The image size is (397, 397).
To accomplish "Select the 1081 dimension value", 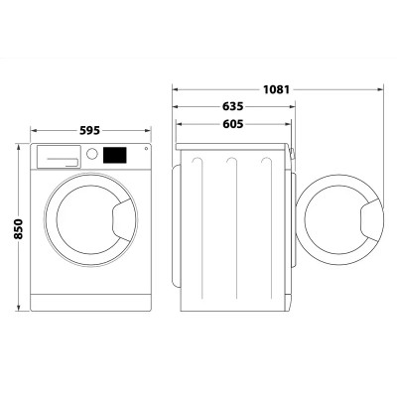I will coord(278,89).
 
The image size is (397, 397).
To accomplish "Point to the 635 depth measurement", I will coord(233,106).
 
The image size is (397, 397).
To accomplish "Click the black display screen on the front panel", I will coord(117,155).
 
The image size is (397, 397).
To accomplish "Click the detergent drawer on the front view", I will coord(58,155).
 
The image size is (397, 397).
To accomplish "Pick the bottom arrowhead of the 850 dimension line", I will coord(19,311).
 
